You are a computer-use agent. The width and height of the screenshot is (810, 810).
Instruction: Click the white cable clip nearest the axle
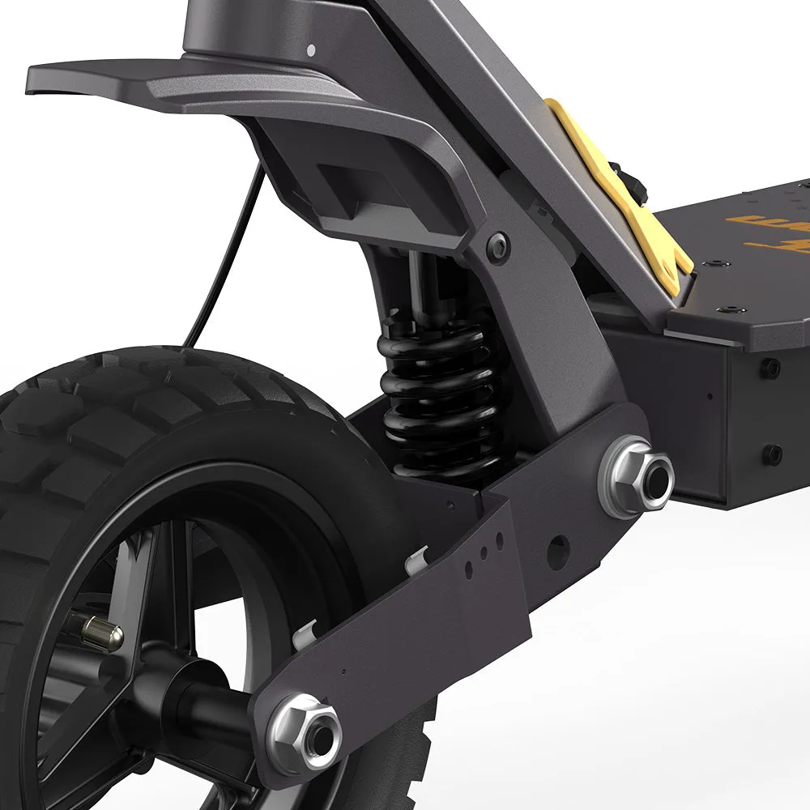(x=305, y=633)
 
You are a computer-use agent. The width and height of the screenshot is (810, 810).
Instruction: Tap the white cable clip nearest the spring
(x=418, y=559)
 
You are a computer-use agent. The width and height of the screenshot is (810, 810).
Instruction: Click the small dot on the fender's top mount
(x=311, y=50)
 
